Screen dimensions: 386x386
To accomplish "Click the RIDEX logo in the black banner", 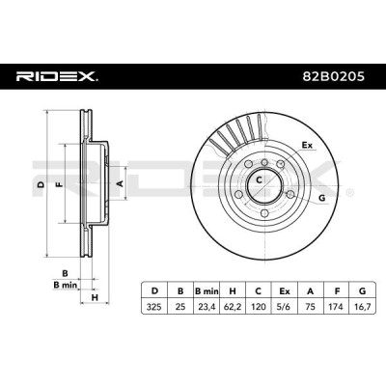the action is click(58, 76).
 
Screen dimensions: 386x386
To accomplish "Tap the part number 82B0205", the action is click(334, 76).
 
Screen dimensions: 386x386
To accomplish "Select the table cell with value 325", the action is click(154, 307).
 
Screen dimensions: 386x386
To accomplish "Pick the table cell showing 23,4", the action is click(207, 307).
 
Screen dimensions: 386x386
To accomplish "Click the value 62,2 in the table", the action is click(233, 307).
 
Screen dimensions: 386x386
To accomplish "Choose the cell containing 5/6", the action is click(284, 307).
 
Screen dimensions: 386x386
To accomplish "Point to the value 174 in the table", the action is click(336, 307).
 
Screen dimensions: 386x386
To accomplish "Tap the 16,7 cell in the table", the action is click(362, 307).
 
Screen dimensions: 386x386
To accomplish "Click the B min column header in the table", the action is click(207, 291).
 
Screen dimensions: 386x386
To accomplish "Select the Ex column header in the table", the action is click(284, 291).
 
